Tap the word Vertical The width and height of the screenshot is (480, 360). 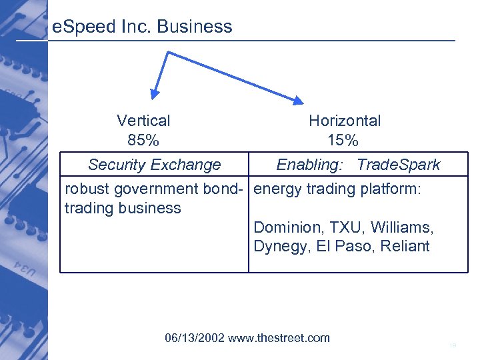tap(143, 121)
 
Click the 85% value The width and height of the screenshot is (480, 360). tap(143, 141)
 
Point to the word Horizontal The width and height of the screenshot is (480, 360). tap(345, 121)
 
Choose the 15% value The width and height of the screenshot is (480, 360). tap(343, 141)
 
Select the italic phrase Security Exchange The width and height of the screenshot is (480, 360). tap(154, 165)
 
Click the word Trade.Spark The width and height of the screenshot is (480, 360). tap(398, 165)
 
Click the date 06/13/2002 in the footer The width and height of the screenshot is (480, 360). tap(195, 338)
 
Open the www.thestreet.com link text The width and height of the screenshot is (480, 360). tap(279, 338)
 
